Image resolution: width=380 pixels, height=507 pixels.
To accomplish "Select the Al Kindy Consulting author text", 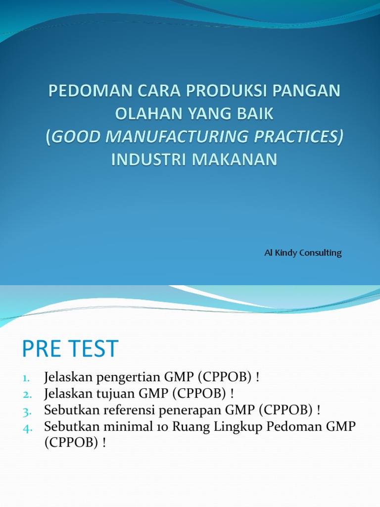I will click(x=303, y=253).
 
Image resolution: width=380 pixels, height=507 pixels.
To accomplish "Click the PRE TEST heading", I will click(x=70, y=349).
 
